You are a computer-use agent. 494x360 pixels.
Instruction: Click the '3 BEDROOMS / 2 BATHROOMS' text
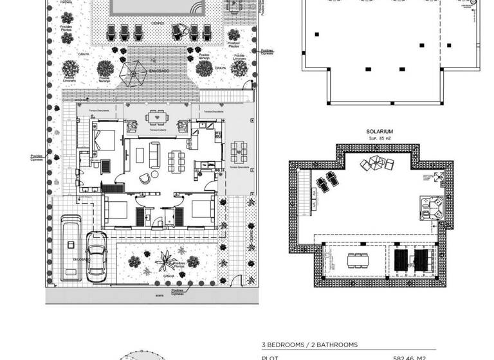(x=309, y=345)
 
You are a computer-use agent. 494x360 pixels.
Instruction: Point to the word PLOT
(x=269, y=357)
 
